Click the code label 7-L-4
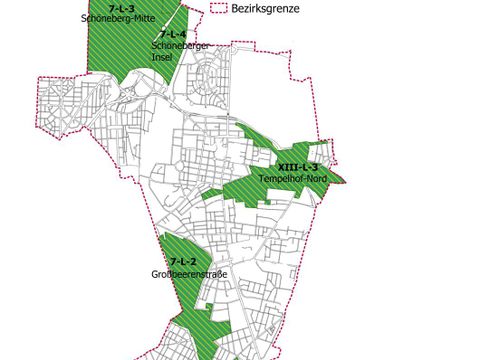pyautogui.click(x=172, y=36)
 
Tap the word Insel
pyautogui.click(x=162, y=57)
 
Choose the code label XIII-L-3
pyautogui.click(x=298, y=166)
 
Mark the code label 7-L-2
pyautogui.click(x=182, y=262)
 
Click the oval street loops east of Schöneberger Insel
pyautogui.click(x=206, y=75)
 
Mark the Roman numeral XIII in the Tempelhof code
pyautogui.click(x=289, y=166)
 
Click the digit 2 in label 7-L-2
pyautogui.click(x=193, y=262)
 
